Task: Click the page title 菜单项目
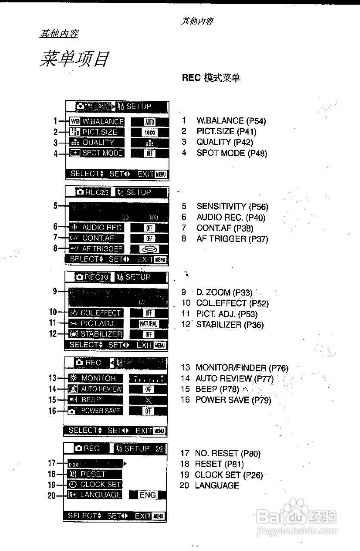(75, 59)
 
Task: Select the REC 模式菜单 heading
(211, 77)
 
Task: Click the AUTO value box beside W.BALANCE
(149, 122)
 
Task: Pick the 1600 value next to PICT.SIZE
(149, 133)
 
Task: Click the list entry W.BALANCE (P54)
(231, 121)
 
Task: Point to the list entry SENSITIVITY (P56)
(232, 207)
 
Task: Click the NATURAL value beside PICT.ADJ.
(149, 324)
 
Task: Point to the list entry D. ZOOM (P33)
(224, 292)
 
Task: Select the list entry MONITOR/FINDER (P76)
(242, 368)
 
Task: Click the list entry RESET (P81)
(219, 464)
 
